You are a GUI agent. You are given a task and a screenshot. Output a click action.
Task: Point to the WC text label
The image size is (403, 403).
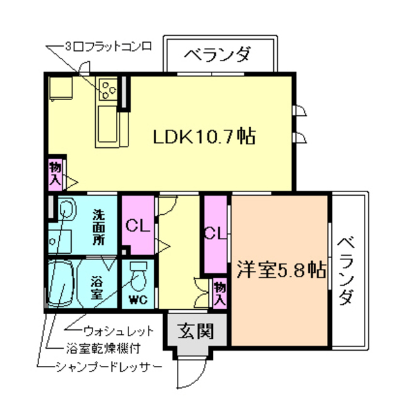click(x=138, y=300)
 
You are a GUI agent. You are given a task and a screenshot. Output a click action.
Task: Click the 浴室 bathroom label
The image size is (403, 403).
click(x=97, y=287)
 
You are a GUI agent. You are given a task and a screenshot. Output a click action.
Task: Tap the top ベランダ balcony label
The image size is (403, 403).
click(x=218, y=55)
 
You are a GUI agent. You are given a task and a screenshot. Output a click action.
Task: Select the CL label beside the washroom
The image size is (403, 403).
click(x=137, y=225)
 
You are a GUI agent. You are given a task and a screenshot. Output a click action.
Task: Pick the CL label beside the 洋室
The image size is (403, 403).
click(x=215, y=234)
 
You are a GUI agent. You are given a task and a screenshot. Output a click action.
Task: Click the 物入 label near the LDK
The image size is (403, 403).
click(x=55, y=174)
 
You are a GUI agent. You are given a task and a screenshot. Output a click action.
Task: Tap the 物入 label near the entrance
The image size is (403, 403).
click(x=219, y=292)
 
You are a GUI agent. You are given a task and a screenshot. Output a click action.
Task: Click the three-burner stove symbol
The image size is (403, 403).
click(x=107, y=89)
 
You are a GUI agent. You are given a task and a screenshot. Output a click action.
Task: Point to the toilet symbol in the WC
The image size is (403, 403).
click(x=138, y=275)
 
